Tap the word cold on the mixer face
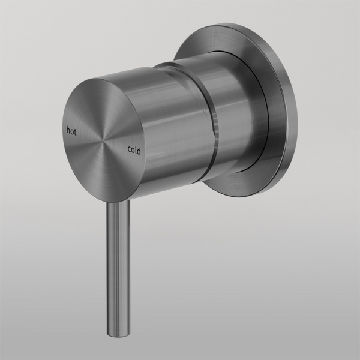coord(134,151)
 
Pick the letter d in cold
coord(139,151)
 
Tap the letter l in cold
coord(136,151)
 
